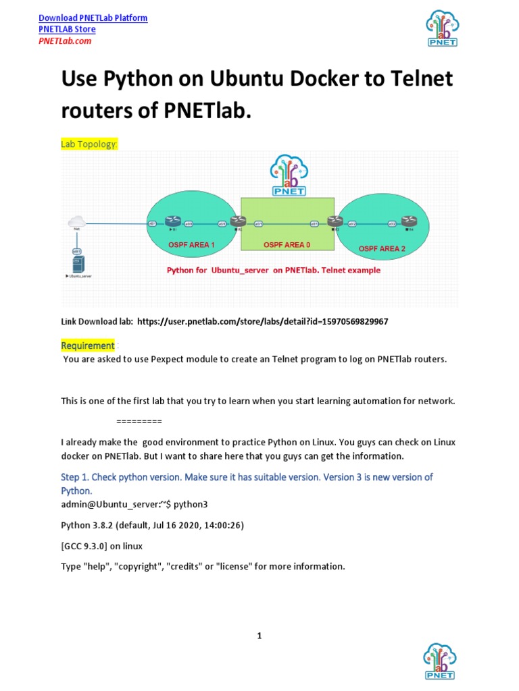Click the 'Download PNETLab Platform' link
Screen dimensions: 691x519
(x=93, y=18)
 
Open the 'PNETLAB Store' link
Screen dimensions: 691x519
(x=67, y=29)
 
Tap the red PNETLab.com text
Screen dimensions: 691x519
(x=64, y=40)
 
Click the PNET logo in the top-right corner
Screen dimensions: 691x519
(x=442, y=28)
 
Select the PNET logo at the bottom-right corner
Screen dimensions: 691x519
(x=440, y=661)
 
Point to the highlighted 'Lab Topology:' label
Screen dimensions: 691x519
(x=89, y=144)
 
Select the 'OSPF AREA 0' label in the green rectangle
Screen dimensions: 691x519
(x=288, y=244)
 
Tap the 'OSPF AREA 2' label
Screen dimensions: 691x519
(x=382, y=248)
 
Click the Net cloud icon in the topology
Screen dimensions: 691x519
(x=76, y=221)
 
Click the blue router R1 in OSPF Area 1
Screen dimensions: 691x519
(x=173, y=221)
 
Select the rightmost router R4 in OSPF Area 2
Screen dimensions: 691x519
(x=407, y=221)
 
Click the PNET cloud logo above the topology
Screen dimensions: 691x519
(x=289, y=175)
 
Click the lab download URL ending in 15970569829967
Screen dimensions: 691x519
(x=262, y=322)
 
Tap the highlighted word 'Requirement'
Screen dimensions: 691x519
(x=88, y=345)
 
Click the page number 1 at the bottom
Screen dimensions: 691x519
(x=259, y=636)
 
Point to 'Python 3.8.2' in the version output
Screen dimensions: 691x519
(x=86, y=526)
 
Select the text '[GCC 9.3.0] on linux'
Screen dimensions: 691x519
(x=101, y=546)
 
